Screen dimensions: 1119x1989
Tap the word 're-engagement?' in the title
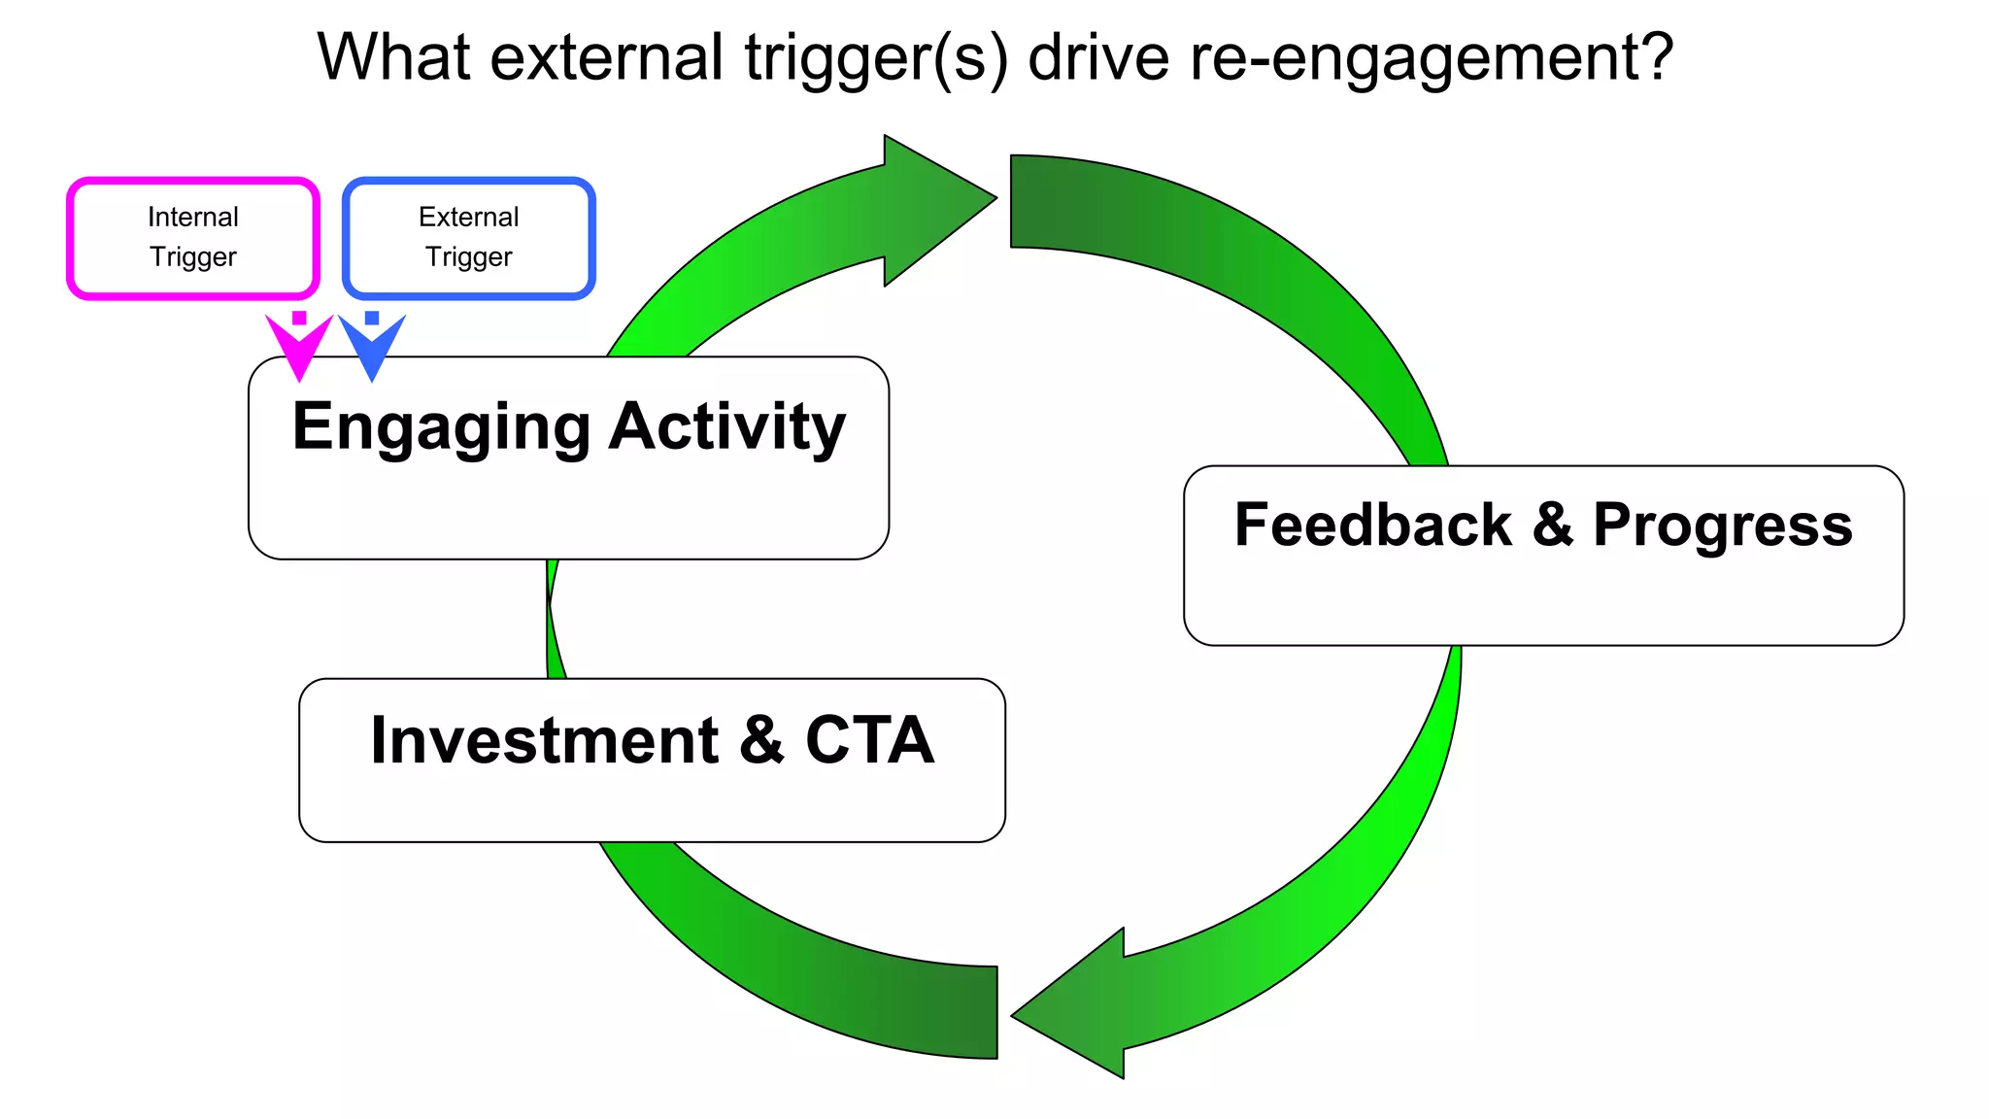(1432, 58)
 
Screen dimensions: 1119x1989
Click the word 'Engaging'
(441, 428)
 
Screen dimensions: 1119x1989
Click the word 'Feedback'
(1372, 526)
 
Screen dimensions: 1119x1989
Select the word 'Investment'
(544, 741)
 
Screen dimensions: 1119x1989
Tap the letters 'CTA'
(869, 741)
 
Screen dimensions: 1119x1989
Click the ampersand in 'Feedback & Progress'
(1552, 526)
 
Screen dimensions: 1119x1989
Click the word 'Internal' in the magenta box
(192, 217)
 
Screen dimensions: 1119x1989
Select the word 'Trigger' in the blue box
(468, 256)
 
